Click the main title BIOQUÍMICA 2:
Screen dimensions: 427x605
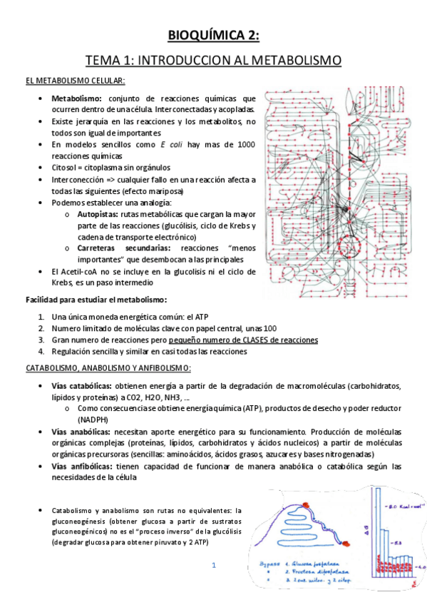point(213,36)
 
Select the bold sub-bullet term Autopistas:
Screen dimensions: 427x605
point(98,213)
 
